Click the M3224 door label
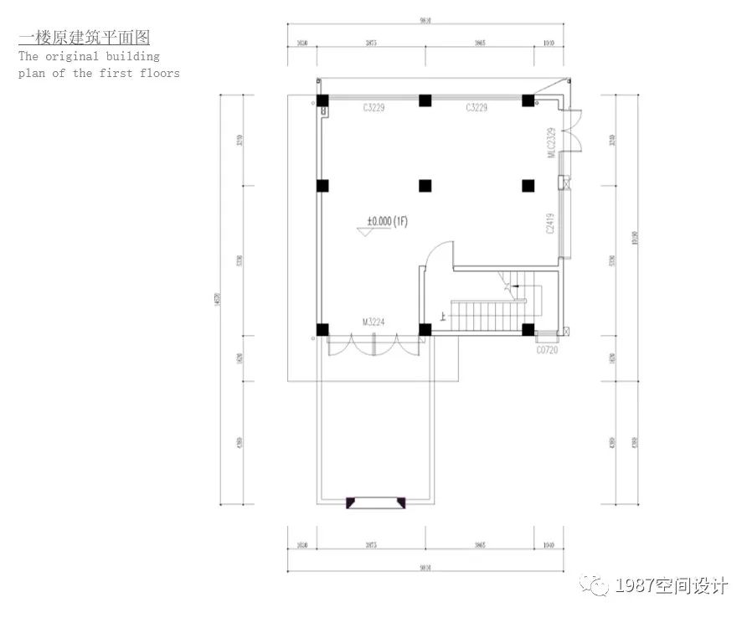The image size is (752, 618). point(373,321)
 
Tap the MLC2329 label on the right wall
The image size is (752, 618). point(551,142)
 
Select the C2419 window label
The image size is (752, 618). point(551,224)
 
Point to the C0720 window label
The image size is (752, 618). point(547,350)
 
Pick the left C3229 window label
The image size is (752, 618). point(373,108)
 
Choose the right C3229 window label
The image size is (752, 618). point(476,108)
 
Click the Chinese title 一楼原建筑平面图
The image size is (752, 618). point(84,39)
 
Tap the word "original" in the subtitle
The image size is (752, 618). point(85,56)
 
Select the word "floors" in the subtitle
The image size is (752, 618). point(158,73)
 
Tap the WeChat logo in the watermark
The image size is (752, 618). point(596,585)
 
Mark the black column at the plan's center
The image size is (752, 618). point(425,185)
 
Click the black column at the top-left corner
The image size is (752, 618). point(322,100)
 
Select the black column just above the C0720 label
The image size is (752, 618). point(528,329)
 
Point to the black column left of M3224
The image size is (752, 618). point(322,329)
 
